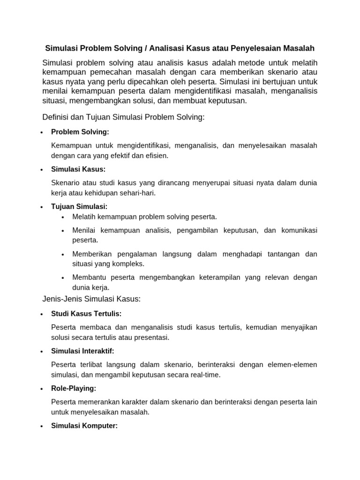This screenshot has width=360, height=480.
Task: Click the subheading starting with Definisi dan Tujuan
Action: point(123,117)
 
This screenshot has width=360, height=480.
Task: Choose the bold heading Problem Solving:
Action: point(80,132)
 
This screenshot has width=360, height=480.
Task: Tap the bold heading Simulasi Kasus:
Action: point(78,169)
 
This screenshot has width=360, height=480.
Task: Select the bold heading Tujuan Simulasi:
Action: point(79,206)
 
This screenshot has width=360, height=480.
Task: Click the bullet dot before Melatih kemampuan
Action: point(63,217)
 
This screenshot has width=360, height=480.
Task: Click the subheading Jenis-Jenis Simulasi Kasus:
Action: point(91,299)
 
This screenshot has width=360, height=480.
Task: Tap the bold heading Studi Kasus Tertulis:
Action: point(86,314)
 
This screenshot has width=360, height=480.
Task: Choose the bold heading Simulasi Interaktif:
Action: point(82,351)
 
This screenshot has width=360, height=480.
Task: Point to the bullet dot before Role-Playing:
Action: point(42,389)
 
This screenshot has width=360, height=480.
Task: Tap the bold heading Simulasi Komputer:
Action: point(84,426)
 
